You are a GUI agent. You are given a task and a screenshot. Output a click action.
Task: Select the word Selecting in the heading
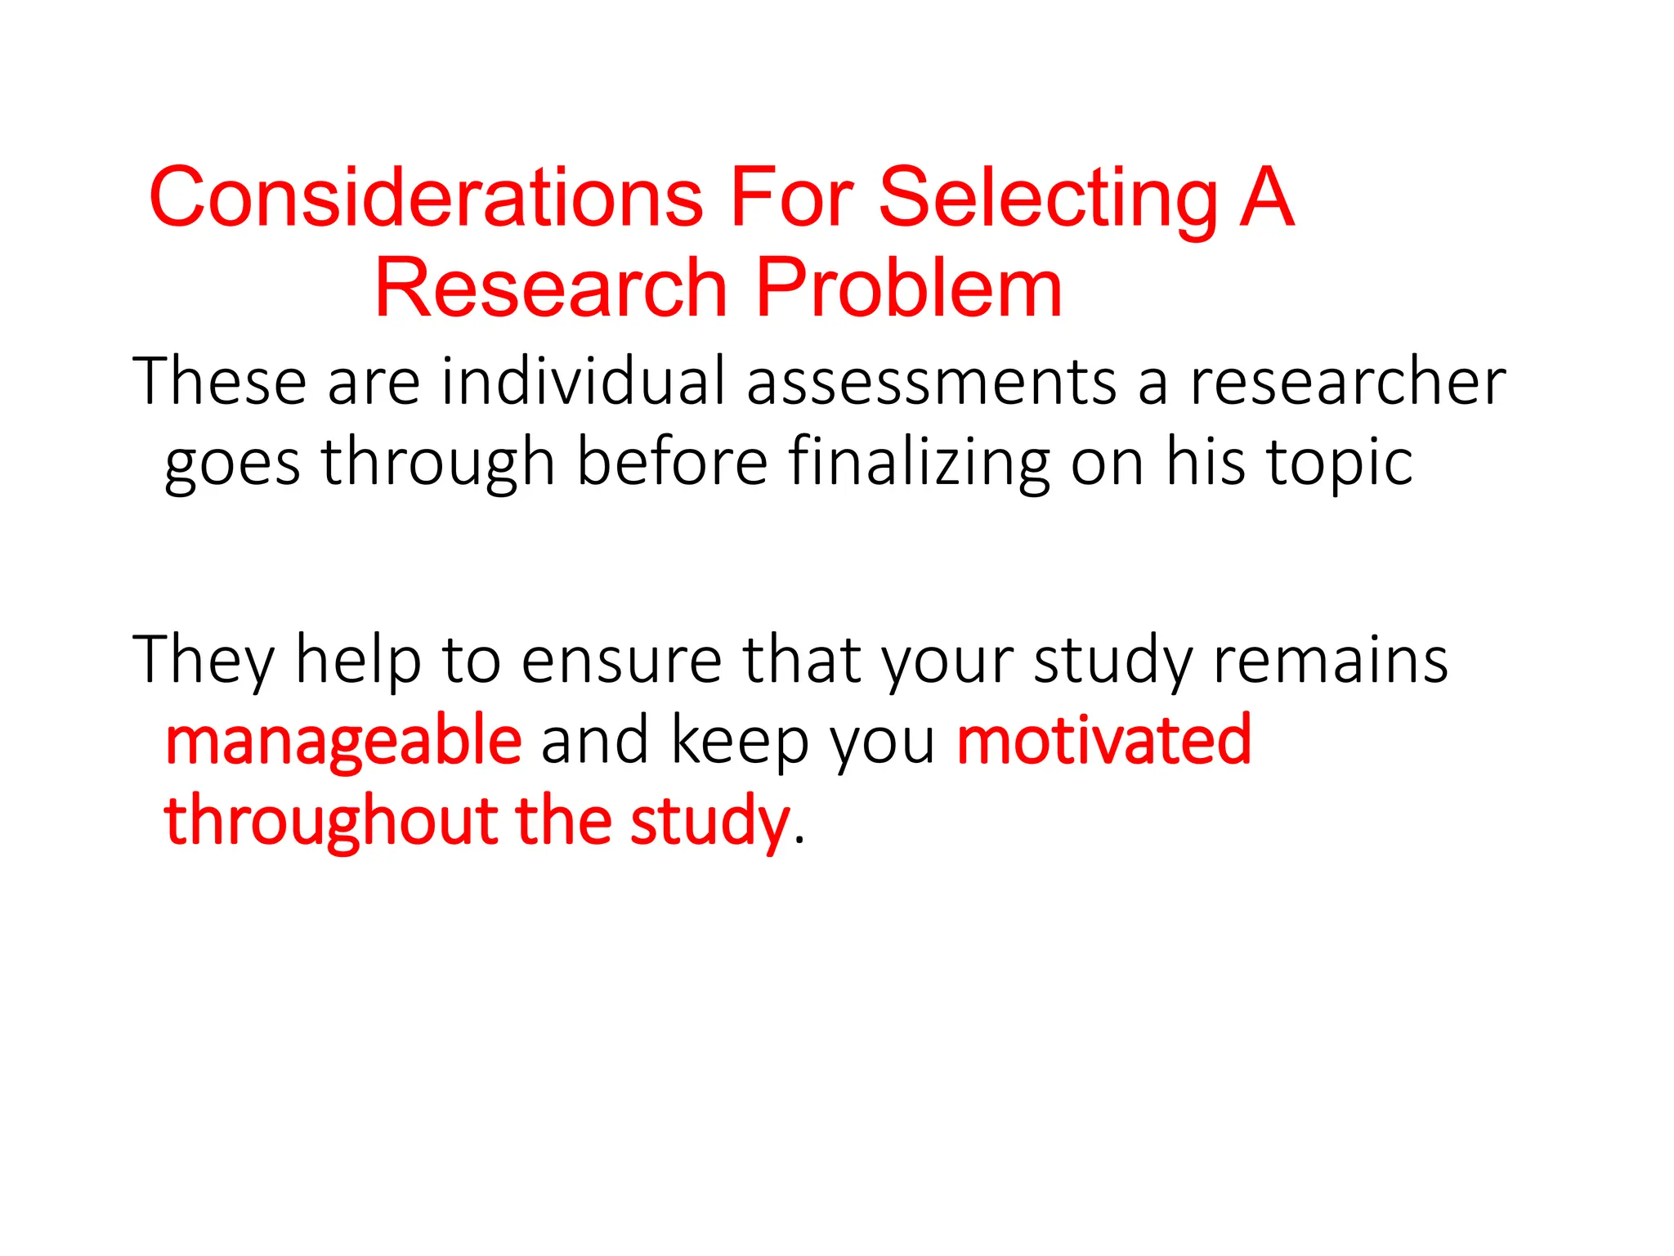pos(1048,199)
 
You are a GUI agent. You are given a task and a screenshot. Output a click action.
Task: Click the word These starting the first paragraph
pos(219,381)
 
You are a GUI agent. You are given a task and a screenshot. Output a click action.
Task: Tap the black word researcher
pos(1347,381)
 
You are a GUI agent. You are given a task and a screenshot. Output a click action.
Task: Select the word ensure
pos(622,661)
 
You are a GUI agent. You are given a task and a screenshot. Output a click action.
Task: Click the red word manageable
pos(343,741)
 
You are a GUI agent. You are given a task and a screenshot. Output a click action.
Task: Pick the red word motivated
pos(1103,739)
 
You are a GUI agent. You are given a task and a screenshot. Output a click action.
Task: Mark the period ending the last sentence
pos(799,840)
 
